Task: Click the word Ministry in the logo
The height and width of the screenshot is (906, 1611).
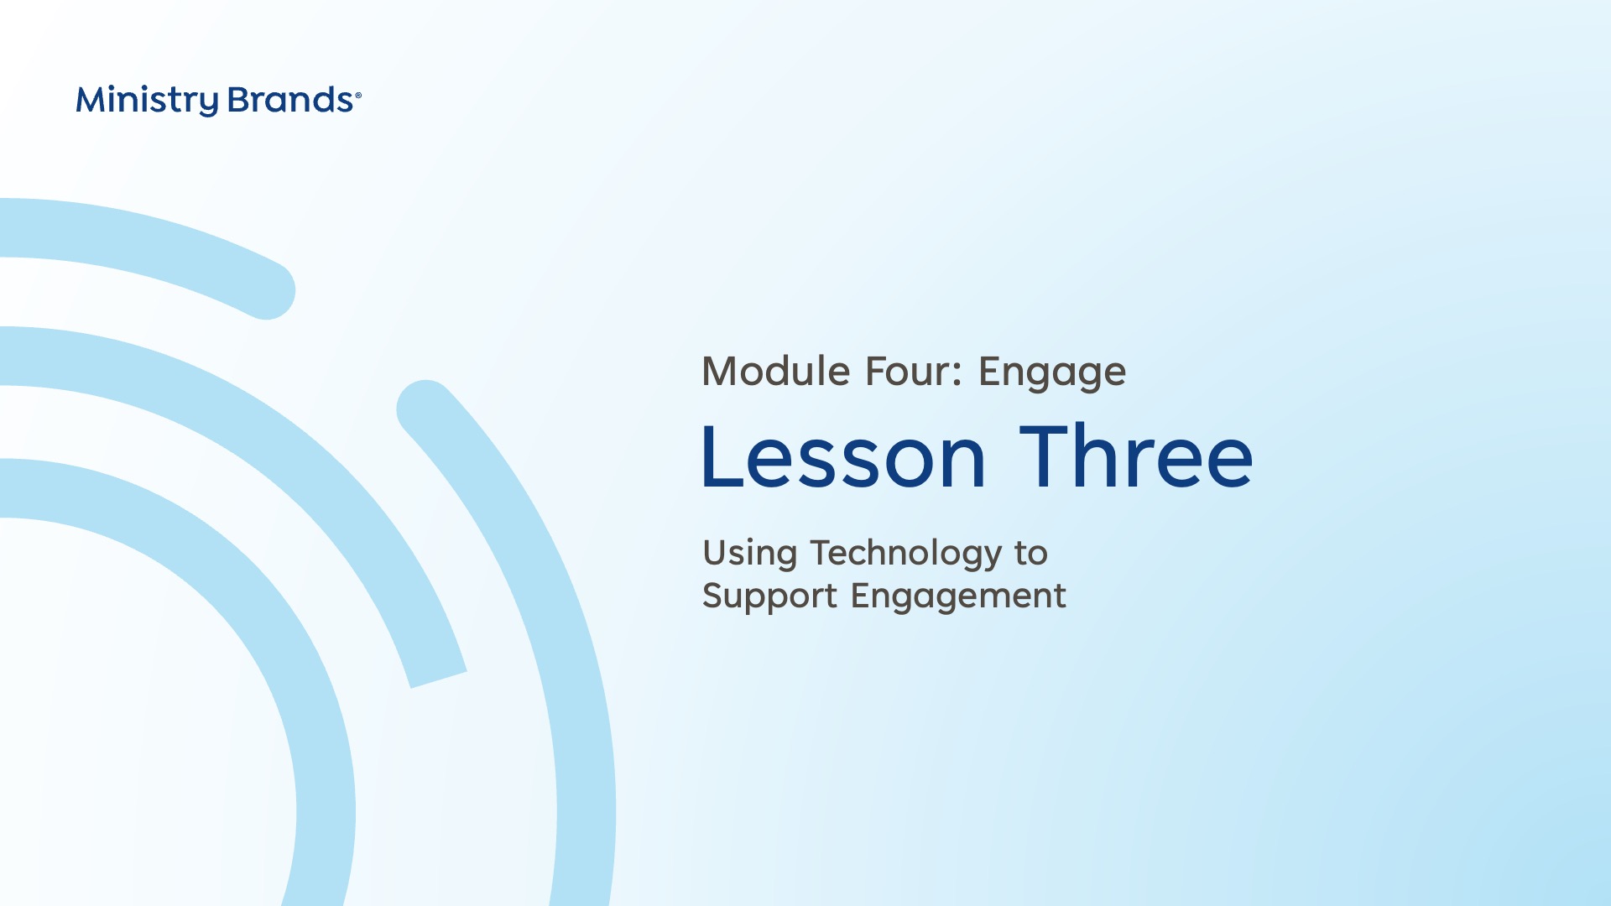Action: [x=147, y=101]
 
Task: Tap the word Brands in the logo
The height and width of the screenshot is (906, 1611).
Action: [x=290, y=100]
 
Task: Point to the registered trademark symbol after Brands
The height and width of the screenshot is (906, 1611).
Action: [x=358, y=96]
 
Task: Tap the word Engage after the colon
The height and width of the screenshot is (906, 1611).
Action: [x=1052, y=373]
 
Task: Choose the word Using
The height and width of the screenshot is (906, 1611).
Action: [x=750, y=555]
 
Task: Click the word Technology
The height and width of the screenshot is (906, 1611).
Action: [x=906, y=555]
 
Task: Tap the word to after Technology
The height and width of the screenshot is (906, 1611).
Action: [x=1031, y=554]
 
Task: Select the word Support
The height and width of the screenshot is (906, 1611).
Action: [x=769, y=597]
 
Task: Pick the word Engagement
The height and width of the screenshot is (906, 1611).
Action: [x=958, y=597]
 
